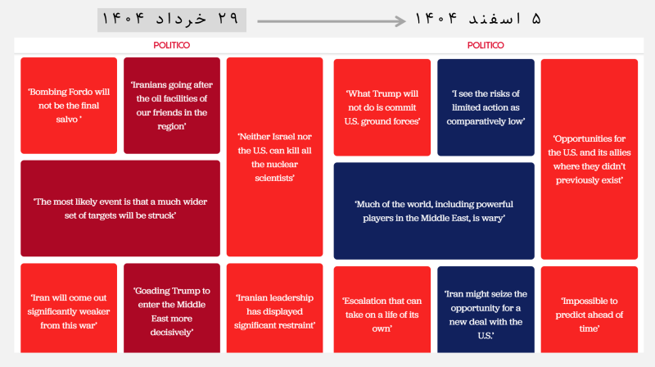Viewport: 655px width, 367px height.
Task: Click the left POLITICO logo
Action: [171, 45]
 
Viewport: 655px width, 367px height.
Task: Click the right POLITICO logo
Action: [486, 45]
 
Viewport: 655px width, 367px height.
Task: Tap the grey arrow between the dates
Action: [332, 21]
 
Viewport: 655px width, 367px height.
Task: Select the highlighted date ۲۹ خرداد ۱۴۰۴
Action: [172, 20]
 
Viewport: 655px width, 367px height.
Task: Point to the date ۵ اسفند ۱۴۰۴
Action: [478, 19]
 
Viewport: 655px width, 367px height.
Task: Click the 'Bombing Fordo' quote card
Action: [69, 106]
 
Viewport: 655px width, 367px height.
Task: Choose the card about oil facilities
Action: [172, 106]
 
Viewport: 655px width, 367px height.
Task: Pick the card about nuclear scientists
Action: [274, 157]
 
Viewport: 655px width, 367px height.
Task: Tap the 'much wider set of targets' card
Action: [120, 209]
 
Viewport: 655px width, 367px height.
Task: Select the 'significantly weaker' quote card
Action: [69, 308]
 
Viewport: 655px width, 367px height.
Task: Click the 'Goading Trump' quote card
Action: [172, 308]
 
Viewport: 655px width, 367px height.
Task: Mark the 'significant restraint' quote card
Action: [274, 308]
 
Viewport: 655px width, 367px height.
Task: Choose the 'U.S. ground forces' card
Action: [382, 107]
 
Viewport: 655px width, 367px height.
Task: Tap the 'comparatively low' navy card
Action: [486, 107]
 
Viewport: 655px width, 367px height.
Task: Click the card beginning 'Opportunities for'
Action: [589, 159]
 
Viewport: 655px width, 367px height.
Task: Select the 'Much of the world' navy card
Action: [434, 211]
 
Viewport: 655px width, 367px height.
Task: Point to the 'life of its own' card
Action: [382, 310]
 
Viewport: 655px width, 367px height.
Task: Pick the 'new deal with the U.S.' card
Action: [486, 310]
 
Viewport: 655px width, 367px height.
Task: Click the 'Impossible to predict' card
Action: [589, 310]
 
